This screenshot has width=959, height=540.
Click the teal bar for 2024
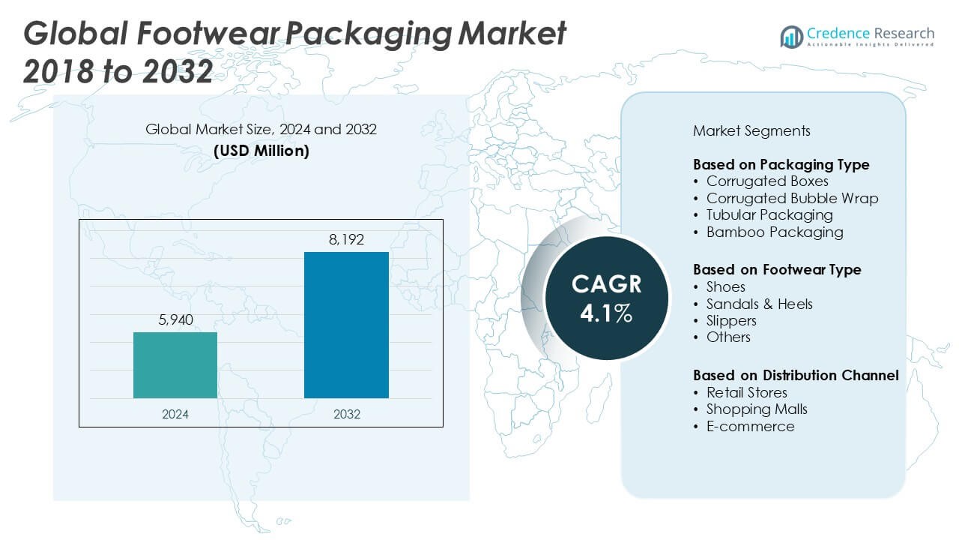[175, 365]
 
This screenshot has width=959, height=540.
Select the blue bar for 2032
[346, 325]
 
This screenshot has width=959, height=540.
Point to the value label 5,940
[175, 320]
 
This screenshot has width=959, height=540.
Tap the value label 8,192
[346, 241]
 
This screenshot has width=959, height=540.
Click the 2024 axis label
[175, 414]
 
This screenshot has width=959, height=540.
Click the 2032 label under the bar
[346, 414]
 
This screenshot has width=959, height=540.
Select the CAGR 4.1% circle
[606, 298]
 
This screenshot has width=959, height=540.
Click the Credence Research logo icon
[791, 36]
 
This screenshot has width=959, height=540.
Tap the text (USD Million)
[261, 150]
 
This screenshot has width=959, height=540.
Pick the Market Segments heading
[751, 130]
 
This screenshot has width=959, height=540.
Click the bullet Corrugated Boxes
[767, 181]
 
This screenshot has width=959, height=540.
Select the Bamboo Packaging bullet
[775, 232]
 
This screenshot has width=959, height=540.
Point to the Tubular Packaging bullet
[769, 215]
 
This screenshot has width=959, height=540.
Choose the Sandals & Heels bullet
[759, 304]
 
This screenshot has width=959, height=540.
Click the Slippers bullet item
[731, 320]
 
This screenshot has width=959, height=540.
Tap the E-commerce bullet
[750, 426]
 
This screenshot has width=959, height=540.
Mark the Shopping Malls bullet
[757, 409]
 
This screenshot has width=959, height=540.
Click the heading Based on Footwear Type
[777, 269]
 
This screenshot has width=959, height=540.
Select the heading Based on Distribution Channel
[796, 375]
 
